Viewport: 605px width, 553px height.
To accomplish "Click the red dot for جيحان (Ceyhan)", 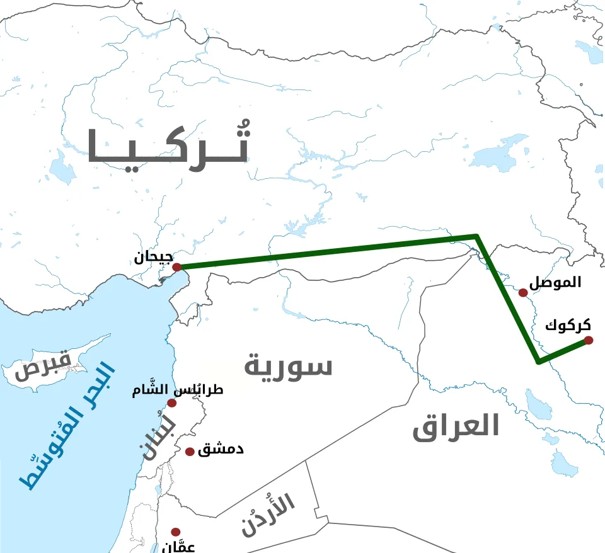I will (x=177, y=267).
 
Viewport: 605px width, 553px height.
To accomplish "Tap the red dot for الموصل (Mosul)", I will (x=523, y=292).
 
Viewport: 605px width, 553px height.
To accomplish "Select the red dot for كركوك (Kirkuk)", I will (x=589, y=340).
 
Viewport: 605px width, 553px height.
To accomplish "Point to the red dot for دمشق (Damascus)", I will (x=190, y=452).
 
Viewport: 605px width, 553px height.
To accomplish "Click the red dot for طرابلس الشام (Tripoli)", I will (x=171, y=403).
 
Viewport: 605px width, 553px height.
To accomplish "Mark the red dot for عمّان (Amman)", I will (x=176, y=532).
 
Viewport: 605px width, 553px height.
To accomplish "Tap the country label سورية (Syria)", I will (x=288, y=365).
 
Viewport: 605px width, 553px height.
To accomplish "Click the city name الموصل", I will (x=555, y=283).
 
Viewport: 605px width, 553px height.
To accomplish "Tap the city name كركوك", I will (x=568, y=326).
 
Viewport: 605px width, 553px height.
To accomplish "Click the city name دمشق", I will (x=221, y=450).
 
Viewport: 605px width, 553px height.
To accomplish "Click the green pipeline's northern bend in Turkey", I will (x=476, y=237).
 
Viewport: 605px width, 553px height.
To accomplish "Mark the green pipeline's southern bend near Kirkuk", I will (x=538, y=361).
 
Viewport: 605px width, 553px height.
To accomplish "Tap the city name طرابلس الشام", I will (x=178, y=390).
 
